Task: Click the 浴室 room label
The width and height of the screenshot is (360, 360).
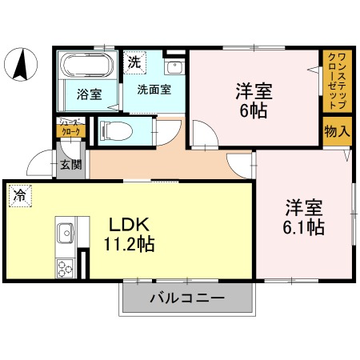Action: point(88,94)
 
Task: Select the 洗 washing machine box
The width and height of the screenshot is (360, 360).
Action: point(134,61)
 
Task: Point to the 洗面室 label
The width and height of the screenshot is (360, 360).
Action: point(153,90)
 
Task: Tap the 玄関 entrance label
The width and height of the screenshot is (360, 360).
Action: point(70,165)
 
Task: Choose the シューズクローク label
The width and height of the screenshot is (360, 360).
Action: point(69,128)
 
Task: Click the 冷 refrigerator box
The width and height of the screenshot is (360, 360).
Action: point(17,194)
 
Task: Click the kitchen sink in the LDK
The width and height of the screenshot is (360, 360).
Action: point(65,234)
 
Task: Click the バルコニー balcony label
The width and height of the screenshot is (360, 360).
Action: point(186,300)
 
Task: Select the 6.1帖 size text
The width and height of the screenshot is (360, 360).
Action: point(304,228)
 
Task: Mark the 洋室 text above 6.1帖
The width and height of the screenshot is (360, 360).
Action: point(304,208)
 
